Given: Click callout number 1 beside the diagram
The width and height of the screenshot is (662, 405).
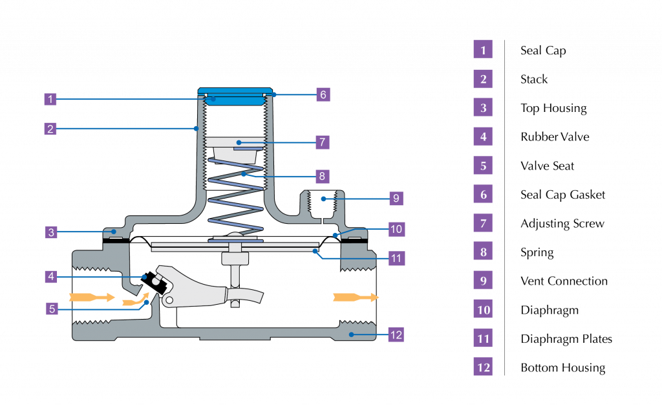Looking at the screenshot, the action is (x=50, y=99).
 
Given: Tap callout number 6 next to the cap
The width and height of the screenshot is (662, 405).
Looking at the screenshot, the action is (x=323, y=94).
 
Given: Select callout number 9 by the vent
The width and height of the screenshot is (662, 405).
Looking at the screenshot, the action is (x=396, y=198).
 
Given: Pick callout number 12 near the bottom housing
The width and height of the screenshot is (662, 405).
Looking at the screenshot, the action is (x=396, y=335).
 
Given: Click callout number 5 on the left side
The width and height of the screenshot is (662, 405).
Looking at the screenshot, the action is (x=52, y=309).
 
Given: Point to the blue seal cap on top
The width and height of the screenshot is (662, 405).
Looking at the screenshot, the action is (x=235, y=96).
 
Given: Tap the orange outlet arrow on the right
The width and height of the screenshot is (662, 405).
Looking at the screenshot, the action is (x=356, y=298).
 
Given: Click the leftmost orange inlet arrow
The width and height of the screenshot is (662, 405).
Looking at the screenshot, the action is (x=92, y=298).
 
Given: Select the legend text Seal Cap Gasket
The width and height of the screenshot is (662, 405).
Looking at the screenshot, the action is (x=563, y=195).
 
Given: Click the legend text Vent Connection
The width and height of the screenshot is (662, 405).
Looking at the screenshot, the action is (x=564, y=281).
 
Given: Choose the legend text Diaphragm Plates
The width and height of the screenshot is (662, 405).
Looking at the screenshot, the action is (x=566, y=339).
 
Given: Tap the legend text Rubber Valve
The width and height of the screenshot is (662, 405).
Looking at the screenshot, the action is (x=555, y=137).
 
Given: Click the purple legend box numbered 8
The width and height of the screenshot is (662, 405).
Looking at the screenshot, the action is (x=483, y=252).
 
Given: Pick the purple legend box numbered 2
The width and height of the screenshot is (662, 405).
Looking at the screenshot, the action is (x=483, y=79).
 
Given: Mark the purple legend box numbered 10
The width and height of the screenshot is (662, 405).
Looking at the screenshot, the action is (x=483, y=310).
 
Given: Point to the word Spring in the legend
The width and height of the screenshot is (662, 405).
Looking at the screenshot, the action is (x=537, y=252).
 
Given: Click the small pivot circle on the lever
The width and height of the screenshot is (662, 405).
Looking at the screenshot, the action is (x=169, y=300).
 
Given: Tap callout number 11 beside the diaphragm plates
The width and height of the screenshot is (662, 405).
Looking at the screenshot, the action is (x=396, y=258).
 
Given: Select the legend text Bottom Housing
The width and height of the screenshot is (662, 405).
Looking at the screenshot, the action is (x=563, y=368).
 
